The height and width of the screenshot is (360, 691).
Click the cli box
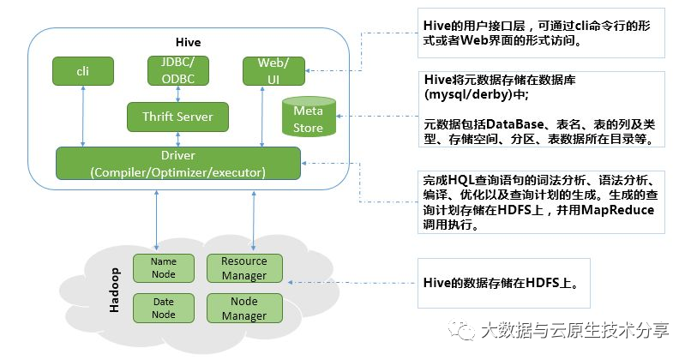83,71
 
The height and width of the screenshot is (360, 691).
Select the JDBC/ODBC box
178,70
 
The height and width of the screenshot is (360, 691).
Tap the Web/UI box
273,71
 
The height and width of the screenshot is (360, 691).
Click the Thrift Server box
177,117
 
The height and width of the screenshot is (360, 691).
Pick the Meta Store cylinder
309,117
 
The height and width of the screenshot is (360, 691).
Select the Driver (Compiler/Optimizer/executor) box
178,164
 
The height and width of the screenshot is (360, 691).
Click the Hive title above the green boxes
188,42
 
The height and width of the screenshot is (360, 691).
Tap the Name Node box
164,268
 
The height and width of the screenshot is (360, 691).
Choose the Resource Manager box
244,268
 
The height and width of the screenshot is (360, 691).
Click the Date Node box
164,308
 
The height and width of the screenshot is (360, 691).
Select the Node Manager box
244,308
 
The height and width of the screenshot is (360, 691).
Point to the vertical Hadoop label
114,290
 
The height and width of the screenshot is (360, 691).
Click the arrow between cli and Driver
83,117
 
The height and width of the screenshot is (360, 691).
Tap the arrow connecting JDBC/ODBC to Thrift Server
178,93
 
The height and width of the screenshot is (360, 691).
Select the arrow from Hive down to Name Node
156,220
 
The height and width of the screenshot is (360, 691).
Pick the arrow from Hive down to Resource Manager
254,220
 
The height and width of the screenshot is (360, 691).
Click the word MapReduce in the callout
617,210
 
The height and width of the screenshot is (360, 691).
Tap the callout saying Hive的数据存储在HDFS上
504,283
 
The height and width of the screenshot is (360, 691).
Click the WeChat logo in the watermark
461,330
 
